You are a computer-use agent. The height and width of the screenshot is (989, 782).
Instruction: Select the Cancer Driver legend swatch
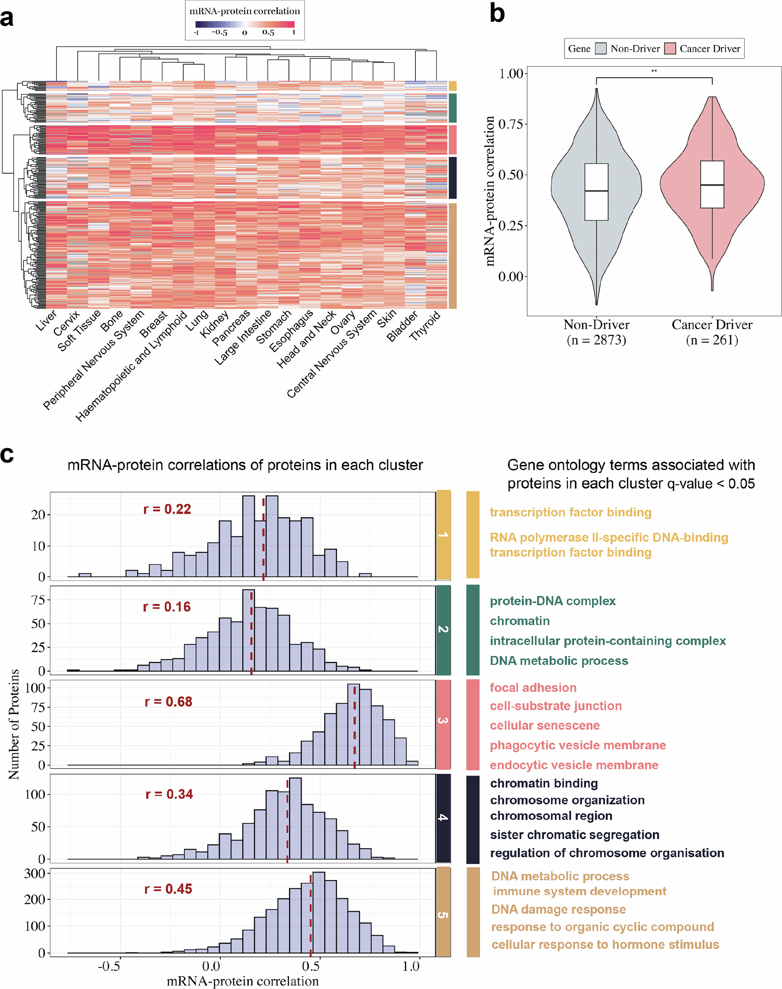[x=670, y=48]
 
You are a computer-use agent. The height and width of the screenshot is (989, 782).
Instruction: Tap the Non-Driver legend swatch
[x=601, y=48]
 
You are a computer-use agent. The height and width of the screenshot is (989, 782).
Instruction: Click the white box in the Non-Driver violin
[x=597, y=192]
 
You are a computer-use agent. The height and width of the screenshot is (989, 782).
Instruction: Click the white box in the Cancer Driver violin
[x=712, y=185]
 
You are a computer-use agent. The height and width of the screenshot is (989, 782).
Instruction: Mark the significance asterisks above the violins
[x=654, y=71]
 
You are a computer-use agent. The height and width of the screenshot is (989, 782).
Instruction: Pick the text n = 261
[x=712, y=340]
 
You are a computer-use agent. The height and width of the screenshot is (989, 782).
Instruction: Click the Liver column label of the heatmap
[x=46, y=320]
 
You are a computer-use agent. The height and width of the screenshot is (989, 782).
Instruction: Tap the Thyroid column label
[x=425, y=325]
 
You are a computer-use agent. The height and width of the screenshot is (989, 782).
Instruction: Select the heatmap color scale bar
[x=245, y=25]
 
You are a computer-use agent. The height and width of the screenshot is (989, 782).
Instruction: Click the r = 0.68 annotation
[x=169, y=701]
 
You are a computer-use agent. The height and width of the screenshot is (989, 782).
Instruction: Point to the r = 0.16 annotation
[x=167, y=607]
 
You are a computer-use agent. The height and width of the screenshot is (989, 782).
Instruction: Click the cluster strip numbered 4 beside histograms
[x=443, y=817]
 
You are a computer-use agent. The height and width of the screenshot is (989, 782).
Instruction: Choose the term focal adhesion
[x=533, y=688]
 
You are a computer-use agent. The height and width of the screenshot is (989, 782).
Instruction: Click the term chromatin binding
[x=544, y=783]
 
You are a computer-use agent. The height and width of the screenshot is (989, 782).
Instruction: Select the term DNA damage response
[x=558, y=909]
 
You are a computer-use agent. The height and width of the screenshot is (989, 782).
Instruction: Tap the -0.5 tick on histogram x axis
[x=109, y=966]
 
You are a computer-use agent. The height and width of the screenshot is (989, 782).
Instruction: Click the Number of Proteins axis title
[x=14, y=724]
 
